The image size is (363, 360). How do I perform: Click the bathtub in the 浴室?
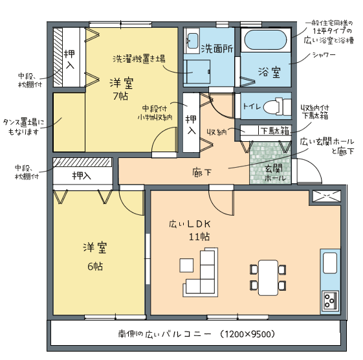(x=265, y=40)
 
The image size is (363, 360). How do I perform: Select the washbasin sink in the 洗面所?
(x=192, y=41)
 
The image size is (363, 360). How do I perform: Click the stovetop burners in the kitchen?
(x=330, y=300)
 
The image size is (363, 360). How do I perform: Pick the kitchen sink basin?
(x=330, y=263)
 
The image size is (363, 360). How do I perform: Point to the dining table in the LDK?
(x=268, y=278)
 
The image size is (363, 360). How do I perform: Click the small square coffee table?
(x=186, y=265)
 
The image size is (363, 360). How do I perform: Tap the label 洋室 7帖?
(x=121, y=89)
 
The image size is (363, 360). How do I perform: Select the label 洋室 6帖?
(x=95, y=256)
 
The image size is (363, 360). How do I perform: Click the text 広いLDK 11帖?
(x=190, y=231)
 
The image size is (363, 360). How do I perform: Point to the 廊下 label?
(x=202, y=173)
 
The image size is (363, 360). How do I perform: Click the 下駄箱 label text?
(x=275, y=131)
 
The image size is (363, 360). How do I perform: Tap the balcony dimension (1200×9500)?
(x=247, y=334)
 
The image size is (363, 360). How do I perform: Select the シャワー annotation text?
(x=324, y=55)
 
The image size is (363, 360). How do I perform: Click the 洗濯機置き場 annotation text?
(x=139, y=59)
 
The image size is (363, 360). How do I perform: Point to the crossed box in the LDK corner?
(x=327, y=196)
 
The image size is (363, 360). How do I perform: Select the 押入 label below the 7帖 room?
(x=82, y=176)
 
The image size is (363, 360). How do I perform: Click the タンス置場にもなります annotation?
(x=23, y=127)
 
